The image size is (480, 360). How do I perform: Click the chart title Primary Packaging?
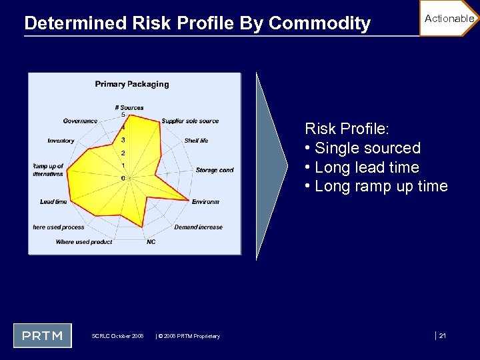132,84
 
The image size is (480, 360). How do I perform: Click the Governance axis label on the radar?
80,121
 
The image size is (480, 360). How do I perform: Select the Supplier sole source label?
190,121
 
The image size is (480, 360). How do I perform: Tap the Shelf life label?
196,141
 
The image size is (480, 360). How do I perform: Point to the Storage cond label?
215,170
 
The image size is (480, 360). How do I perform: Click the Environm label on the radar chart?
205,201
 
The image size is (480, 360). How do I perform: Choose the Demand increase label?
198,227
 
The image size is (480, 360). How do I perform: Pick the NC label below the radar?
151,242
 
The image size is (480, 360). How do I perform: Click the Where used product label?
84,242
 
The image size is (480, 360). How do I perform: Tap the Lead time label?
53,201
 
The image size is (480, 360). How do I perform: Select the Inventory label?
61,141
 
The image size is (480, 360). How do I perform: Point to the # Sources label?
129,107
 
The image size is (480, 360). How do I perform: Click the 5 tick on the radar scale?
123,115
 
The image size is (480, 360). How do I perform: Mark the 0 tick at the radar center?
123,178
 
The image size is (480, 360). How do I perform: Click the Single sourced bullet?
363,148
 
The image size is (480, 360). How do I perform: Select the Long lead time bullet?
361,167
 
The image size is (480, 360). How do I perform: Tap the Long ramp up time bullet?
376,187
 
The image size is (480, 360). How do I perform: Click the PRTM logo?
43,335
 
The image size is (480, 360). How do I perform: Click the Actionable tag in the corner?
449,19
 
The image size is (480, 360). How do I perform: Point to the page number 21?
442,335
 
